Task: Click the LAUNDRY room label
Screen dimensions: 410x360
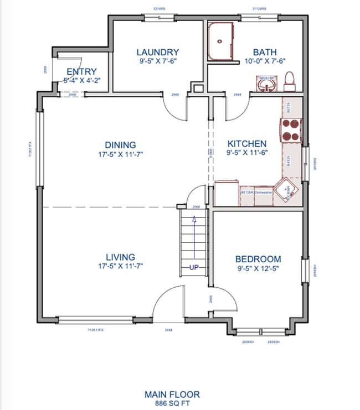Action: click(x=158, y=53)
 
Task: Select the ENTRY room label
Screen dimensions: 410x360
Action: click(x=81, y=72)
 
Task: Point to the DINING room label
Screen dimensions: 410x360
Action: click(x=120, y=146)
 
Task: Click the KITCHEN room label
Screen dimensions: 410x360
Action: click(x=247, y=144)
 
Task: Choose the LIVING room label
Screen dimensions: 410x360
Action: click(x=120, y=257)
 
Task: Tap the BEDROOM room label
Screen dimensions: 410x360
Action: click(x=258, y=259)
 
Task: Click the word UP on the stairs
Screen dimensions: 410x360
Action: click(x=194, y=267)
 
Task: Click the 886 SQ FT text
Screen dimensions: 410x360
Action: click(x=172, y=403)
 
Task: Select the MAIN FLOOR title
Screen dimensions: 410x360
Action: click(x=172, y=395)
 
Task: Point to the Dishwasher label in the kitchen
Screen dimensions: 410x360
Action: click(x=263, y=193)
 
